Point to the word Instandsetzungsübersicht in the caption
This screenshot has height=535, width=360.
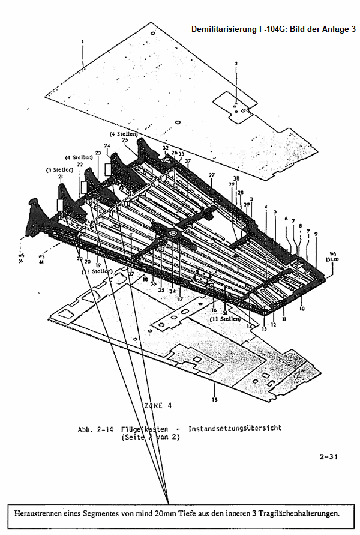pyautogui.click(x=235, y=429)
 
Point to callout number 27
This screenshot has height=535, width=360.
pyautogui.click(x=211, y=175)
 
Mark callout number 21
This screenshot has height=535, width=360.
pyautogui.click(x=61, y=177)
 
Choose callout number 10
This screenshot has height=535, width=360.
pyautogui.click(x=302, y=308)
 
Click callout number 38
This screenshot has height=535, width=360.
pyautogui.click(x=236, y=178)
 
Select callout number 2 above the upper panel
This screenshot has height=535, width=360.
pyautogui.click(x=236, y=63)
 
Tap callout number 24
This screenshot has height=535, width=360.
pyautogui.click(x=107, y=146)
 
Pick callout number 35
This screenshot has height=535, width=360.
pyautogui.click(x=161, y=290)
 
